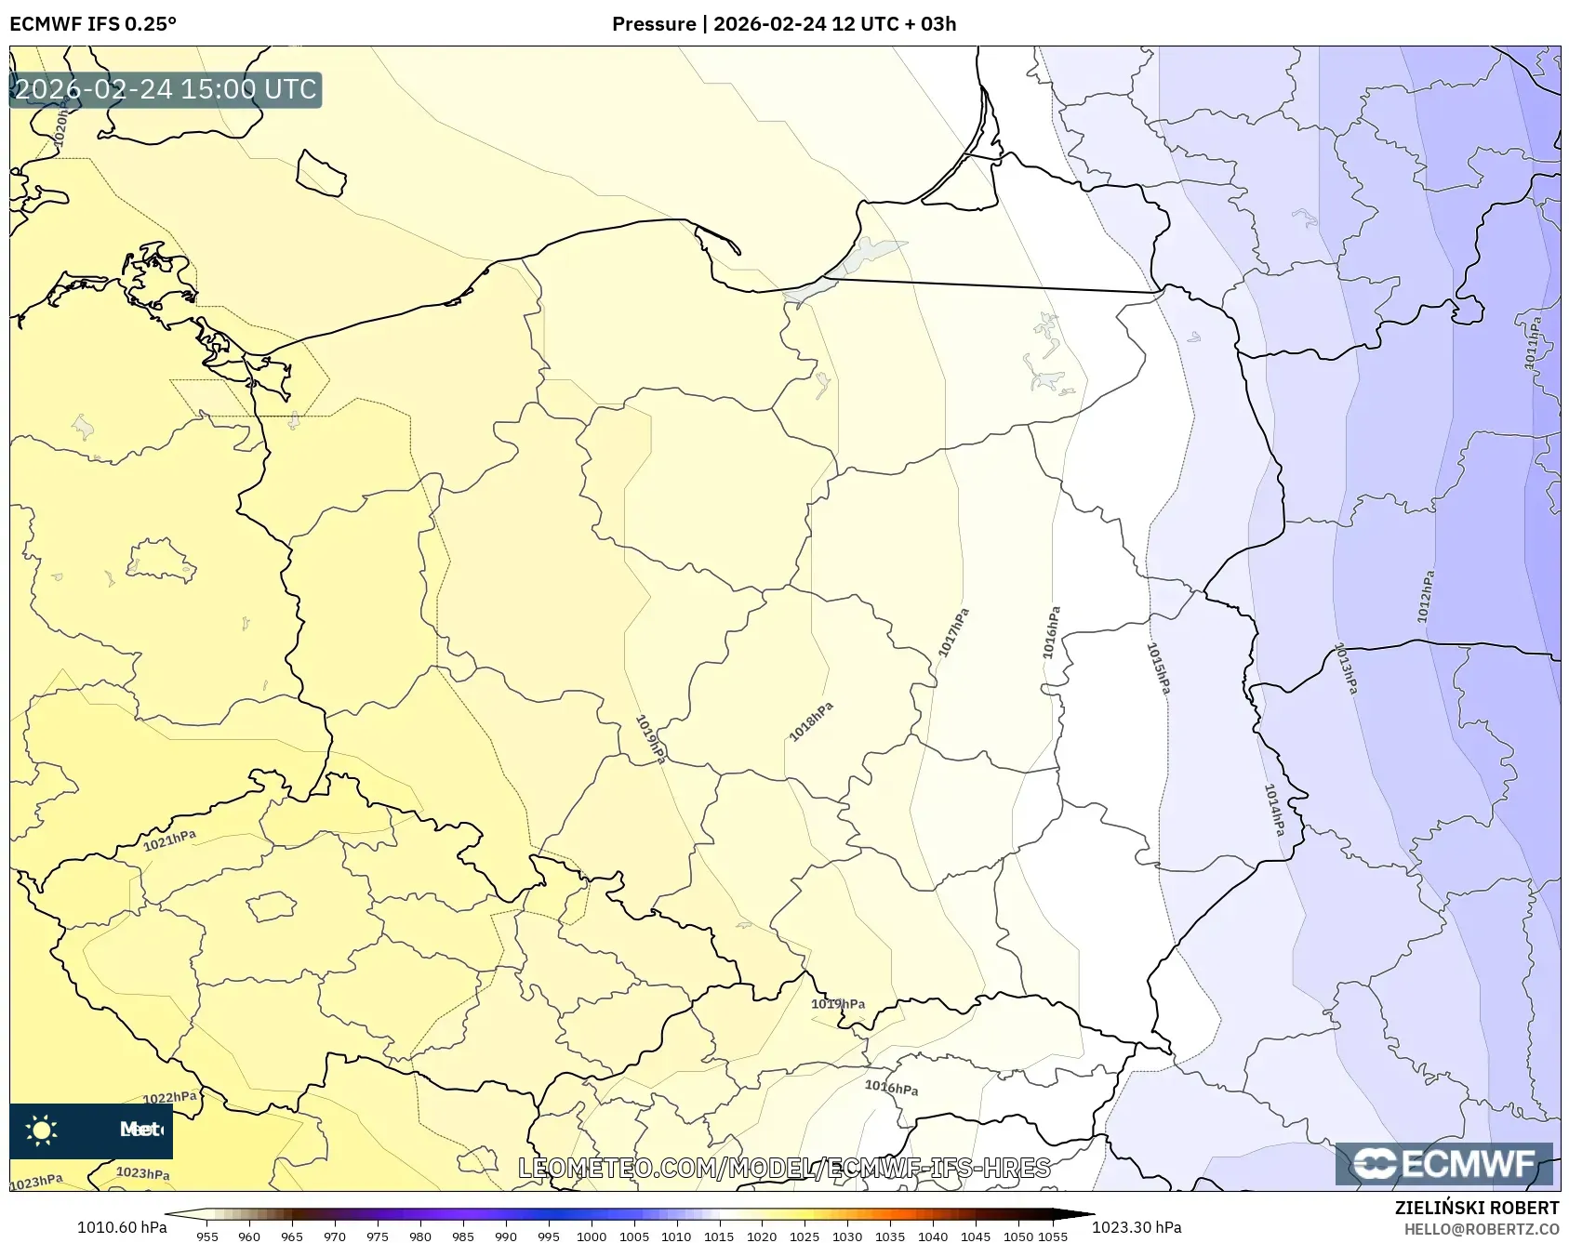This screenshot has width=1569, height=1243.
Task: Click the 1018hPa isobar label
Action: click(811, 721)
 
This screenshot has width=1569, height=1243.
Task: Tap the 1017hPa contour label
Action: click(954, 632)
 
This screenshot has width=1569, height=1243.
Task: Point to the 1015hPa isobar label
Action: click(1158, 668)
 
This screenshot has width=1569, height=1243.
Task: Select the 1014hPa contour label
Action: click(1274, 809)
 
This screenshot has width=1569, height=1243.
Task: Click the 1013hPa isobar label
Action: click(1346, 668)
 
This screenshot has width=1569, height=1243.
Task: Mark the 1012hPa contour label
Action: click(1426, 596)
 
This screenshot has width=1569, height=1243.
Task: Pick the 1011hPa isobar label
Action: click(1533, 342)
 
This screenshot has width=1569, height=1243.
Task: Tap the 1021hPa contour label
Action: click(169, 840)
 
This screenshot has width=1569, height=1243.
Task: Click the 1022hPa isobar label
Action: click(170, 1097)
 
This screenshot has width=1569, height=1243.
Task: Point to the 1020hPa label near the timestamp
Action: click(60, 126)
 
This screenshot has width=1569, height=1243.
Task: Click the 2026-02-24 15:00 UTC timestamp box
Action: click(166, 89)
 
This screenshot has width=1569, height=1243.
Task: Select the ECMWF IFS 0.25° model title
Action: click(93, 24)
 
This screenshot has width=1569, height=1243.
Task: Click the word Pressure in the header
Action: click(654, 24)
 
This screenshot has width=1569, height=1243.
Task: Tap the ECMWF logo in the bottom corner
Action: click(1444, 1164)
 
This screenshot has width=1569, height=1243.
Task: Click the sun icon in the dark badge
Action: click(42, 1130)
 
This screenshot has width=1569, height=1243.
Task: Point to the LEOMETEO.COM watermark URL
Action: click(784, 1168)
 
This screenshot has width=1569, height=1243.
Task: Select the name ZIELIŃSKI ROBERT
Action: click(1477, 1208)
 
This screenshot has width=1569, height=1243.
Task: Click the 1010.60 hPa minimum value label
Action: click(122, 1227)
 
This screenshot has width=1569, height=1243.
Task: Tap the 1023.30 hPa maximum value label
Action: click(1137, 1227)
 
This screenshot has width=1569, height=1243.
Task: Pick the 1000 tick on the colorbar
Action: click(592, 1236)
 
